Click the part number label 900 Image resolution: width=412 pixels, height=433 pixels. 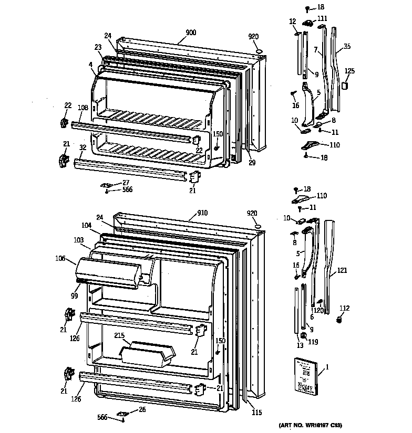pos(190,33)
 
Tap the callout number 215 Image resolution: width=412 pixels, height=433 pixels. pos(120,335)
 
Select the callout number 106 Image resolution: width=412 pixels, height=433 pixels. pos(60,258)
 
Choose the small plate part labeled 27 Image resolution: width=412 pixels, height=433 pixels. pos(108,185)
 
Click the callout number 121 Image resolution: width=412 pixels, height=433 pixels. pos(342,271)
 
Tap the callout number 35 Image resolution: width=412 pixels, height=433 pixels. pos(346,47)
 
